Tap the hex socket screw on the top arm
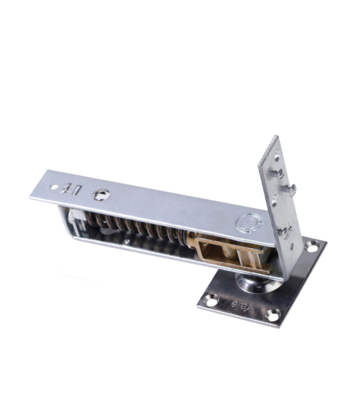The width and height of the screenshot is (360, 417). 102,195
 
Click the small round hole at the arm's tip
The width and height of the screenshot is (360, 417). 54,186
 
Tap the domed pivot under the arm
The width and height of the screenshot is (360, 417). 253,283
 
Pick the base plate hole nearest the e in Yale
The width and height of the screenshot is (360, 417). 211,300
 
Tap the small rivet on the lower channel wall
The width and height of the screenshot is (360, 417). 127,243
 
